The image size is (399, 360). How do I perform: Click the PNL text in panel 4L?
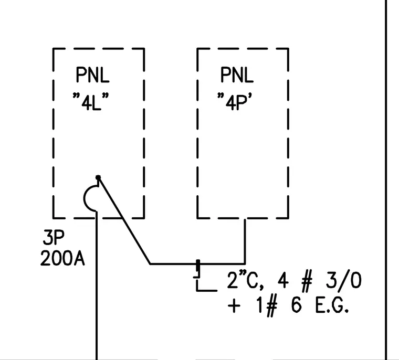tap(92, 75)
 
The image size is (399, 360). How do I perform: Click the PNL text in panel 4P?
tap(237, 75)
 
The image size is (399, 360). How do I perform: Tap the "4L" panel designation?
tap(91, 101)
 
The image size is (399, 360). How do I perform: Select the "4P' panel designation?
tap(235, 101)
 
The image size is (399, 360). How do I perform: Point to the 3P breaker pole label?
tap(54, 237)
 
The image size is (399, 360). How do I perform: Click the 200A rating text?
tap(62, 258)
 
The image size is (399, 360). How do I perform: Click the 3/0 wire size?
tap(343, 281)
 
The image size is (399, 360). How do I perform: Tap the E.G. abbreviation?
tap(332, 305)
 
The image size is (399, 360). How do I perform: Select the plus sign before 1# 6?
tap(234, 305)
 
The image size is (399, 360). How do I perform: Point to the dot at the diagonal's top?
tap(98, 177)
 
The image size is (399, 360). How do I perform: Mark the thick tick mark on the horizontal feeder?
tap(198, 266)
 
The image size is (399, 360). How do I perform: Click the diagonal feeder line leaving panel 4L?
tap(124, 220)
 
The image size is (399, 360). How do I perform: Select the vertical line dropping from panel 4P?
tap(245, 241)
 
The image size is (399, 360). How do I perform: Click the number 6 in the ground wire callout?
tap(296, 305)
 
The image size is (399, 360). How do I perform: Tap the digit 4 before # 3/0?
tap(283, 281)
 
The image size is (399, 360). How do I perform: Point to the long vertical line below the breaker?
tap(97, 285)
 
